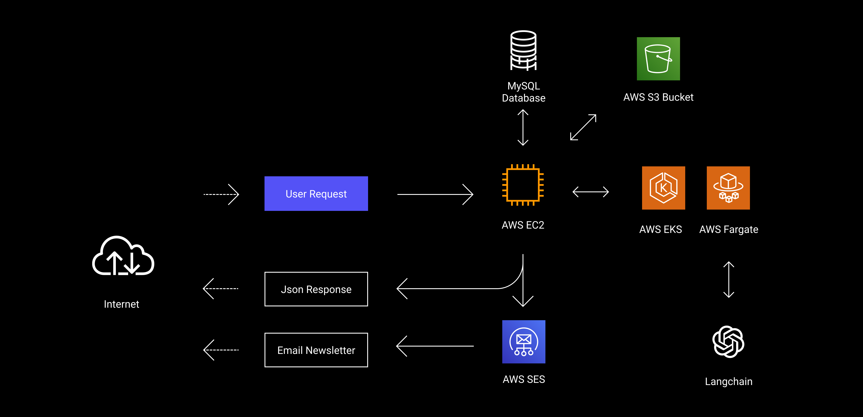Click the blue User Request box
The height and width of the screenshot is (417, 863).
click(x=316, y=194)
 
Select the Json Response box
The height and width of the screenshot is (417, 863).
click(x=316, y=289)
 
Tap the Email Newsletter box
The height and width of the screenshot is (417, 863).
click(x=316, y=350)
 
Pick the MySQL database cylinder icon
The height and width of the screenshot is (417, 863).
click(x=523, y=50)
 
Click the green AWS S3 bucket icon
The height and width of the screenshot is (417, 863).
click(x=658, y=59)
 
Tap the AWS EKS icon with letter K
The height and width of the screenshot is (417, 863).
click(x=663, y=188)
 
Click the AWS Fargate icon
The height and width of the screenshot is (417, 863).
click(x=728, y=188)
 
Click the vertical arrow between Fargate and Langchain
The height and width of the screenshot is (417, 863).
click(x=729, y=279)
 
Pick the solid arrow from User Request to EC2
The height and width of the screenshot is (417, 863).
click(x=435, y=194)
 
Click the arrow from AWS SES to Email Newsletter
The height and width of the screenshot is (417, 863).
click(x=435, y=346)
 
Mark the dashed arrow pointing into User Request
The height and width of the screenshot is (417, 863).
click(x=221, y=194)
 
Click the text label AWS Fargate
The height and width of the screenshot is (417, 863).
click(x=728, y=229)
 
